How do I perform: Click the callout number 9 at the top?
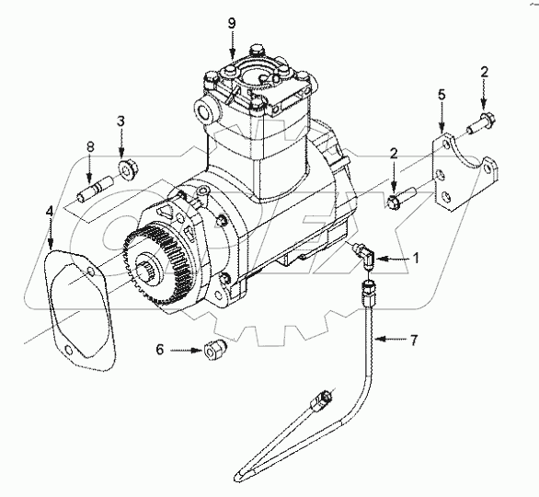[233, 22]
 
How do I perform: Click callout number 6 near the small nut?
[160, 350]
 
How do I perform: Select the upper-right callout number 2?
[484, 70]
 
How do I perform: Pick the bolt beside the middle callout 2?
[402, 194]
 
